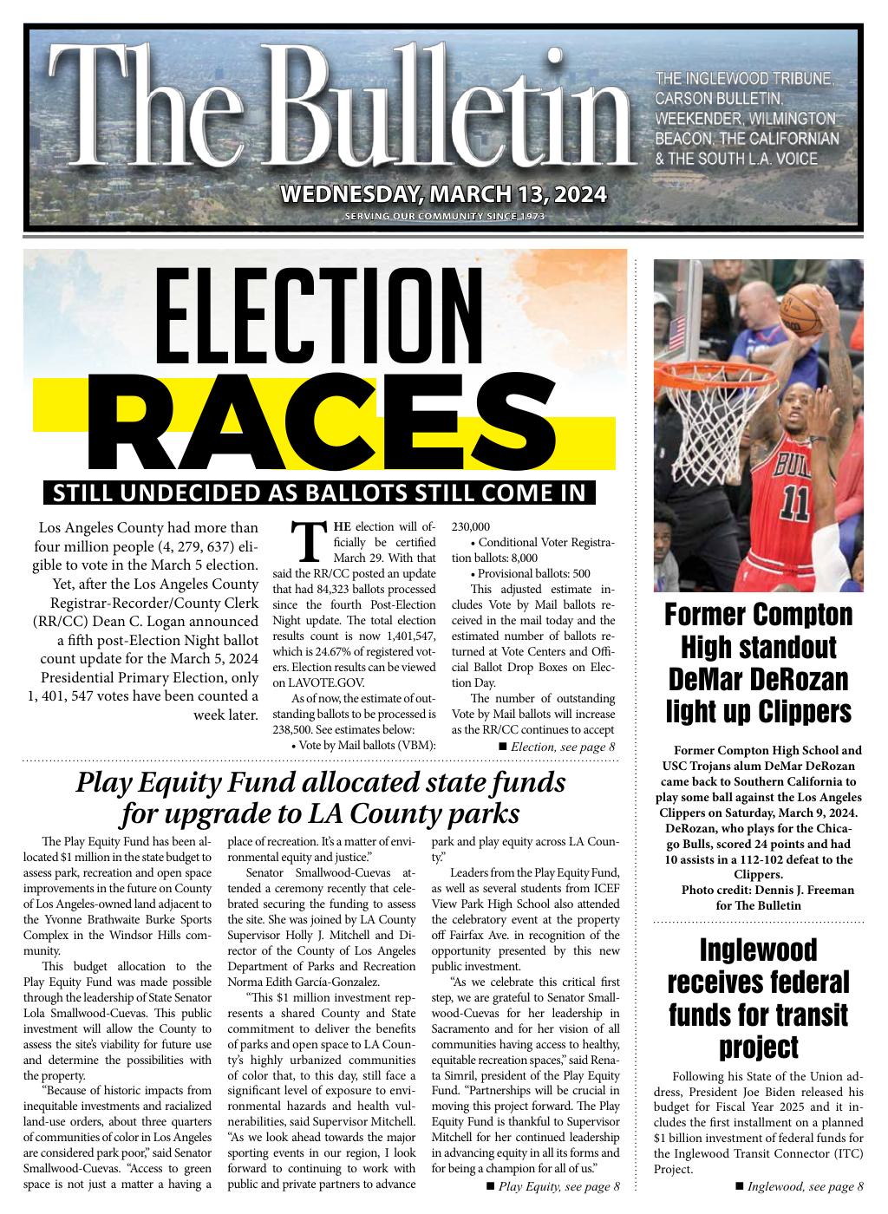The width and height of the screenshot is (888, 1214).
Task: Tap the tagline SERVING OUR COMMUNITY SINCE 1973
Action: point(444,216)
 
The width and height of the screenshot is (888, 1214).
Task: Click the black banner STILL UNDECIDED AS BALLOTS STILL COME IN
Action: point(320,493)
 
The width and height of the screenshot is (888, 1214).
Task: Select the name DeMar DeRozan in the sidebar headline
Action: point(758,679)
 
